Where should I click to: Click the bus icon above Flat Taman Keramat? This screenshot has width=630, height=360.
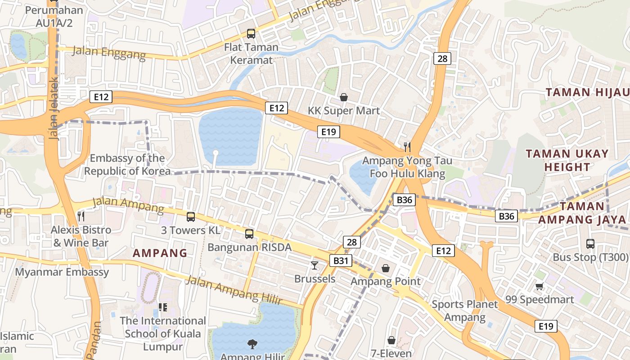coord(251,33)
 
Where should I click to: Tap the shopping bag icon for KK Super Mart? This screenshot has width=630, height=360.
coord(344,97)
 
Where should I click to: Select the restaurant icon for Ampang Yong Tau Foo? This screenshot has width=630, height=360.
coord(407,146)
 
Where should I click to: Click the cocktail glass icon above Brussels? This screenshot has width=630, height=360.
coord(315,265)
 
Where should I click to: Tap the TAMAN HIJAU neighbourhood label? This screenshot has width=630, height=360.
coord(587,93)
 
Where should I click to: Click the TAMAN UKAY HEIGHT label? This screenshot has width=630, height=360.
coord(567,160)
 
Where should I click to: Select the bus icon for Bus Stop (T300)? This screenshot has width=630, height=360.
coord(590,244)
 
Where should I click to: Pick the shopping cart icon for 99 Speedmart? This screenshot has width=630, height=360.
coord(539,286)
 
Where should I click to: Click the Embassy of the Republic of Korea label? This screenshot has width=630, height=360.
coord(127,165)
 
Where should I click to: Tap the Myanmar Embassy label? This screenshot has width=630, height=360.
coord(62,272)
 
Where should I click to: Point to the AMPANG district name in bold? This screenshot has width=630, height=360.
coord(160,253)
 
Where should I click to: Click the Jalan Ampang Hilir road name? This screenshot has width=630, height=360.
coord(234,290)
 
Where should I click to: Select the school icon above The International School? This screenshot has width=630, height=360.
coord(162,307)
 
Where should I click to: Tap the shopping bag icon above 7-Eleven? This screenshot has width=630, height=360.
coord(391,340)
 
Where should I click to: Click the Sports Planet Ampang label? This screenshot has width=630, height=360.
coord(465,310)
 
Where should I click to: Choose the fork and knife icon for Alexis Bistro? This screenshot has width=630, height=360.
coord(81,216)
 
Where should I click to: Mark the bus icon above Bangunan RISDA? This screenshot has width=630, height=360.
coord(249,234)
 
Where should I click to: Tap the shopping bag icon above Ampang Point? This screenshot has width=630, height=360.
coord(386,268)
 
